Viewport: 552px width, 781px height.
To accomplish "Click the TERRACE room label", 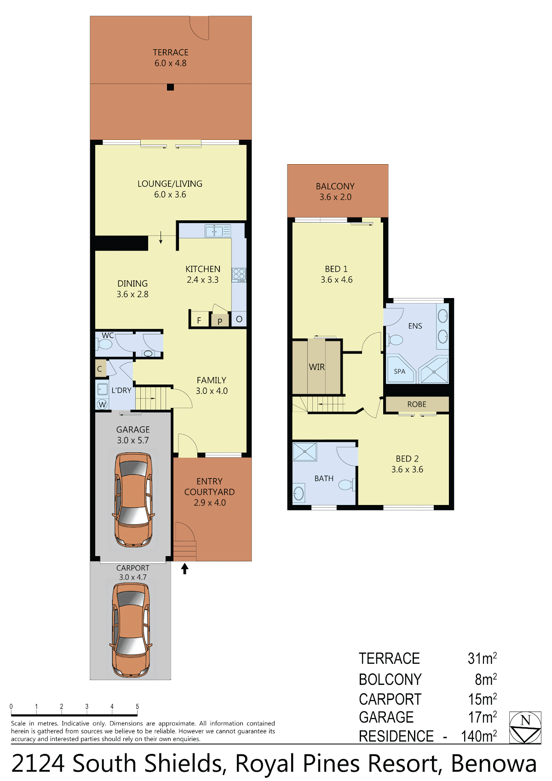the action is (170, 52).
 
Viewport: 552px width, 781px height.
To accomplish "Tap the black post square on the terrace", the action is (170, 87).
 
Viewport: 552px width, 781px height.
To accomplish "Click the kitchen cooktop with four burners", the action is (239, 275).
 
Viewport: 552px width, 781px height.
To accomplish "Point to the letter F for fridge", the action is (199, 321).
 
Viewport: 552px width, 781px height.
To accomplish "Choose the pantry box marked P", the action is (220, 320).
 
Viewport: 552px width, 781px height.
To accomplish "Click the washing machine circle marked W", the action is (102, 404).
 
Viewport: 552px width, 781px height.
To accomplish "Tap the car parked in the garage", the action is (133, 500).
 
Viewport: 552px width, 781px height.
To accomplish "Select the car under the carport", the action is (131, 630).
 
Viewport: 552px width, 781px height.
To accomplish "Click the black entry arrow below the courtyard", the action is (184, 569).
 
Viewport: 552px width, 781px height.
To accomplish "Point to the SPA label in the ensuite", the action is (400, 371).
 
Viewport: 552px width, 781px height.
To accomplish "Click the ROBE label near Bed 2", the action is (417, 404).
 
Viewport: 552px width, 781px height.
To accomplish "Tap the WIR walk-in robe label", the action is (316, 367).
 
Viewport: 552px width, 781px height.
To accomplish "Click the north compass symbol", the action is (525, 728).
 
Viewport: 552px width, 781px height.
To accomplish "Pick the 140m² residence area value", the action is (479, 736).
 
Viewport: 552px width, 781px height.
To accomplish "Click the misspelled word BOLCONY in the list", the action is (390, 679).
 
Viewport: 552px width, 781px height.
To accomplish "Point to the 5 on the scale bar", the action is (137, 706).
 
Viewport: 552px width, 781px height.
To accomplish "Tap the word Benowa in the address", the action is (494, 764).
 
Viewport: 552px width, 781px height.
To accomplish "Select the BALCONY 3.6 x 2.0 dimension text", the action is (335, 197).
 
